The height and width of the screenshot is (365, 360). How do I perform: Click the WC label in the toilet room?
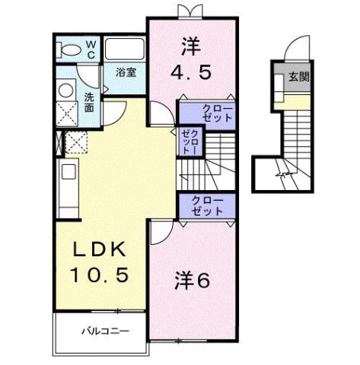pos(89,51)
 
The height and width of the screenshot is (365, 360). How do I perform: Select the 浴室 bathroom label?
pos(126,73)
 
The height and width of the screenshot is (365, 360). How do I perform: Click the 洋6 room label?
pos(194,279)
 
